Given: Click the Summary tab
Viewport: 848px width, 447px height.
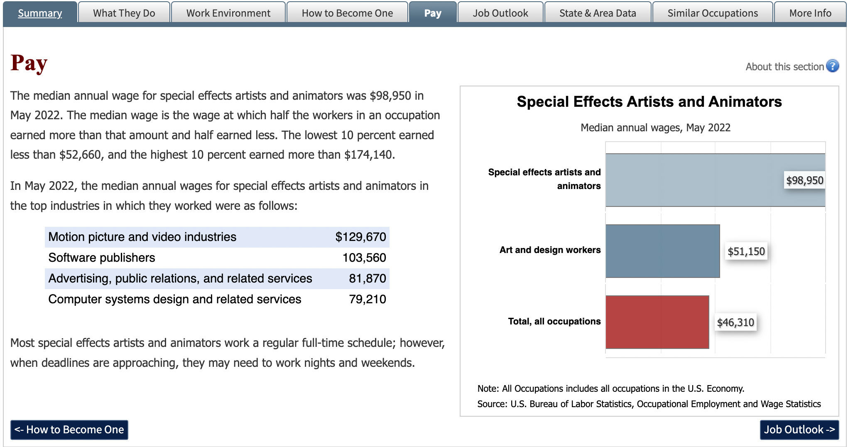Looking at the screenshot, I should (40, 13).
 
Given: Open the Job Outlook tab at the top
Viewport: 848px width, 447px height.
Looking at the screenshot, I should (500, 13).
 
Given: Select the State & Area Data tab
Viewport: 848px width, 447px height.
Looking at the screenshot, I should (598, 13).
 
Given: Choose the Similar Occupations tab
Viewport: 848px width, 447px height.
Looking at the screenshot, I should (712, 13).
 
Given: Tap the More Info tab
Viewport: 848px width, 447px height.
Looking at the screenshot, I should (810, 13).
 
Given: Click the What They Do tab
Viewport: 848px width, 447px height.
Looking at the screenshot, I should (124, 13).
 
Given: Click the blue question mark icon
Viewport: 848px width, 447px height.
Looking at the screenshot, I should (832, 66).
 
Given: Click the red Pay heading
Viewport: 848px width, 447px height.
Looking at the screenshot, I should (29, 64).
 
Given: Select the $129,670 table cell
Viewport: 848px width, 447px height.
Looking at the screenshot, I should (360, 237).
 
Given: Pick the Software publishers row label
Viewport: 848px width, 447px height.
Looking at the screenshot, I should (102, 258).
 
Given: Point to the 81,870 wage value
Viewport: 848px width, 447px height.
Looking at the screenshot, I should (367, 278).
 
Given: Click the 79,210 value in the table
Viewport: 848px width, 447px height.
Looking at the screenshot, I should (367, 299).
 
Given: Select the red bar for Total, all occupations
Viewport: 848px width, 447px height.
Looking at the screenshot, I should (657, 322).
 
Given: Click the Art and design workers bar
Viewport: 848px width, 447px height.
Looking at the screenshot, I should (662, 251).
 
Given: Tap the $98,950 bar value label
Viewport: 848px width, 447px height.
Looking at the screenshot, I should (804, 180).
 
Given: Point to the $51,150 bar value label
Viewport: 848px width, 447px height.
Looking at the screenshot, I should (746, 251).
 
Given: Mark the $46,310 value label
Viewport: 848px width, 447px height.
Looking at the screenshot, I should (735, 322).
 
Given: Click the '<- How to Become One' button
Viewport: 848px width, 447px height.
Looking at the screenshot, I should (69, 430).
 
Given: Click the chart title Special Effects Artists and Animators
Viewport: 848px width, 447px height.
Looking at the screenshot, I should (649, 102).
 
